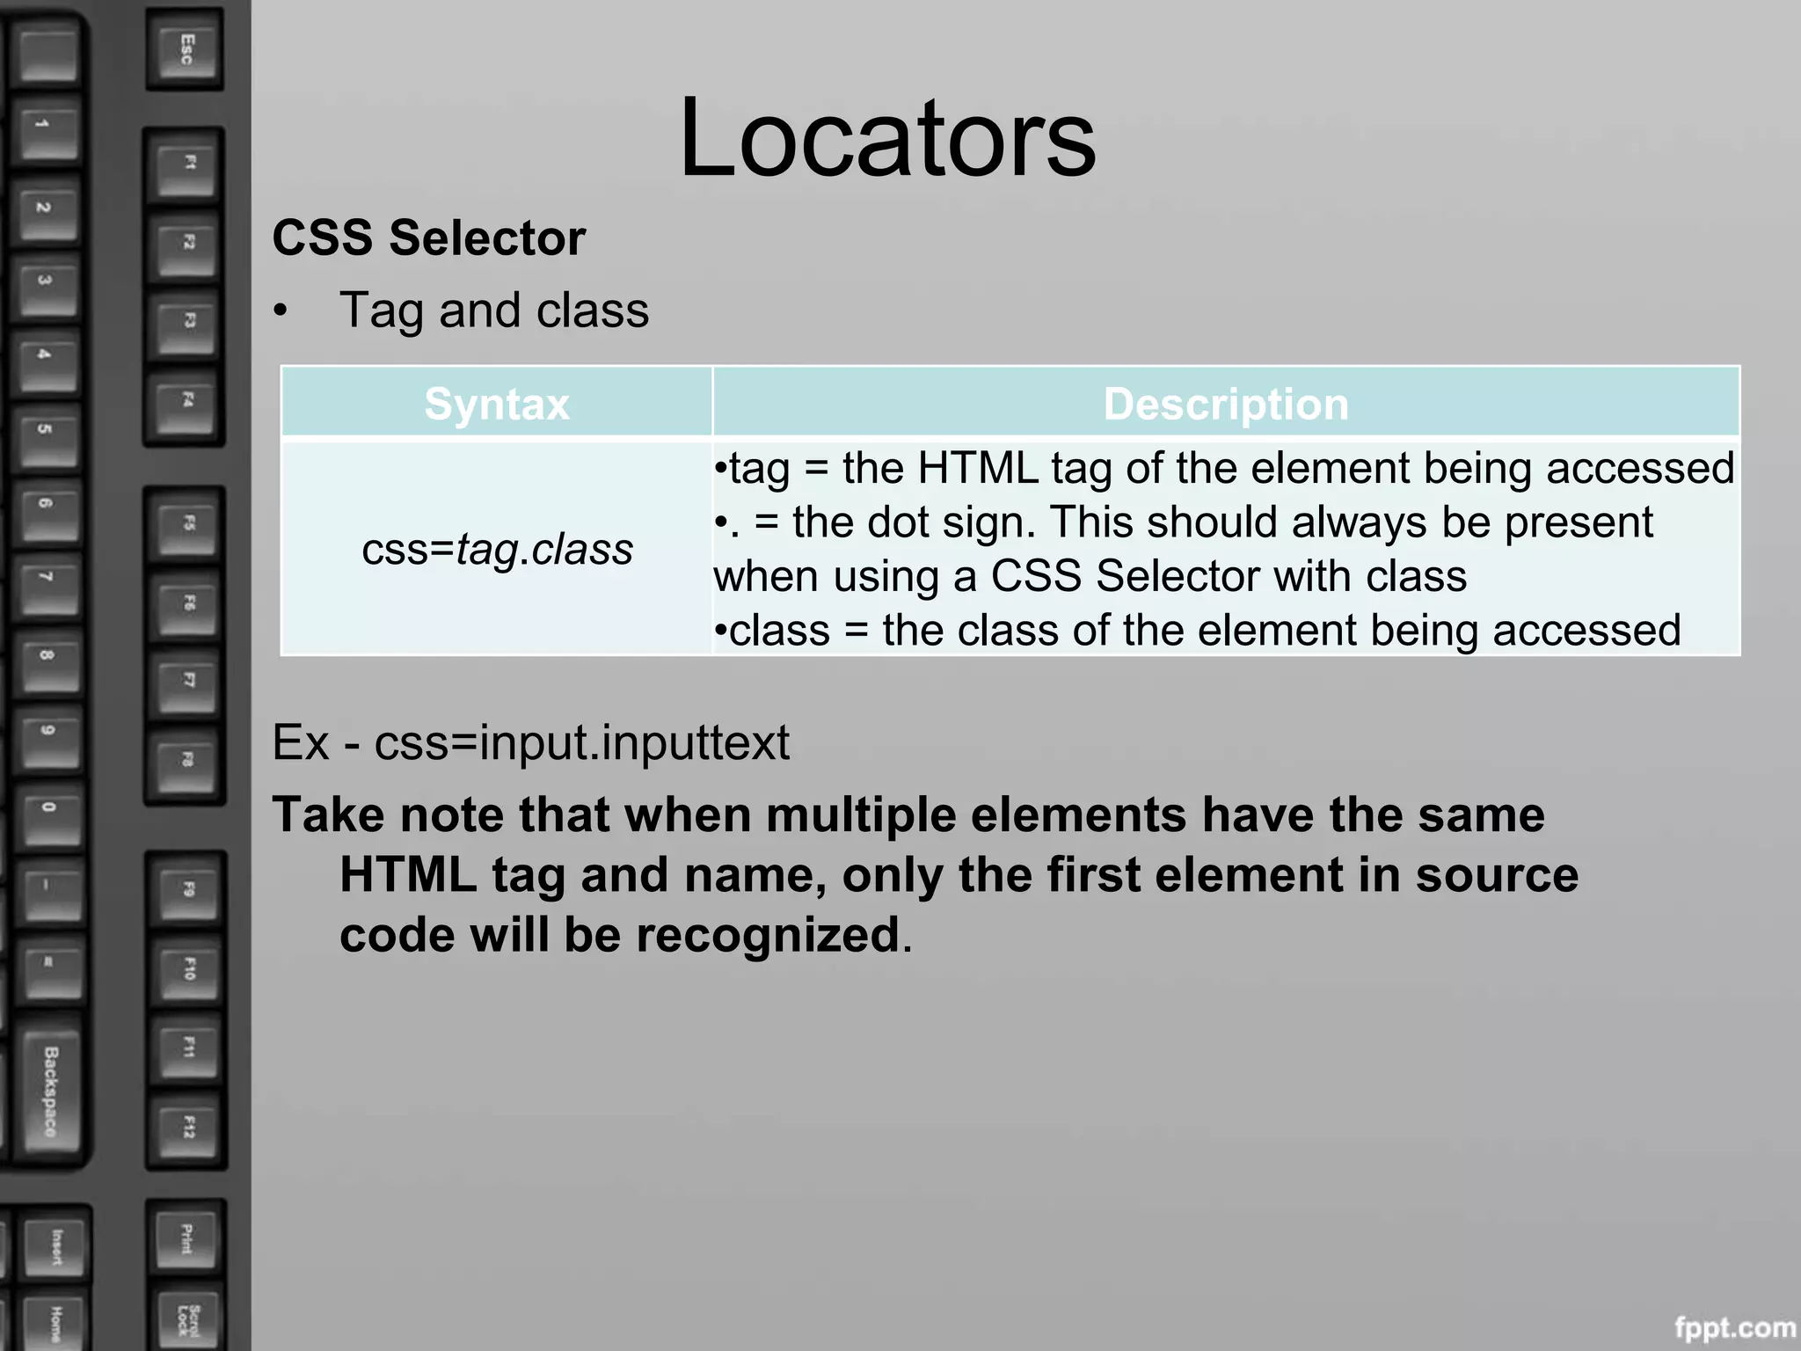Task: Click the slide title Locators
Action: tap(886, 139)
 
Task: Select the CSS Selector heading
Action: tap(428, 238)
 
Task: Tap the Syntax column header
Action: tap(497, 405)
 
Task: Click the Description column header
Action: tap(1226, 405)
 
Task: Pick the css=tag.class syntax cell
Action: tap(497, 550)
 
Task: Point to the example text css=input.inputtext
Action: tap(581, 743)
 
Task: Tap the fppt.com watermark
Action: tap(1735, 1327)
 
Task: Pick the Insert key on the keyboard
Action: tap(56, 1247)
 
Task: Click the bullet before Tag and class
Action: tap(281, 311)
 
